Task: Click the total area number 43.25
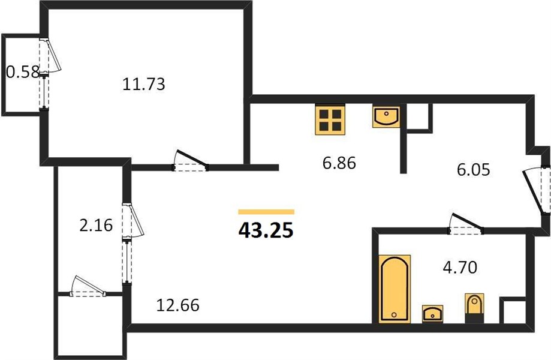point(266,230)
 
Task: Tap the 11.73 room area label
point(144,85)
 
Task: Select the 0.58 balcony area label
point(23,73)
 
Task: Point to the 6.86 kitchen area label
point(339,163)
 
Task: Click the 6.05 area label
point(473,170)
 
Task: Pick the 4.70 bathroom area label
point(460,268)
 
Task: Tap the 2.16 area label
point(96,226)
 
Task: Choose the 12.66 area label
point(178,305)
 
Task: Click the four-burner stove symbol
point(330,119)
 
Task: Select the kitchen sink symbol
point(386,117)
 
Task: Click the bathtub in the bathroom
point(395,288)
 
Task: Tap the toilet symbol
point(474,308)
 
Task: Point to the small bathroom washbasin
point(432,314)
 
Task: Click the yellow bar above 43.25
point(266,212)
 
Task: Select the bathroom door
point(466,224)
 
